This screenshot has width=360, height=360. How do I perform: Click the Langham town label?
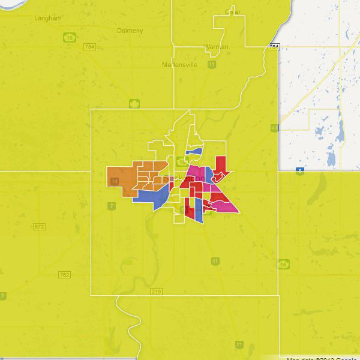pos(49,19)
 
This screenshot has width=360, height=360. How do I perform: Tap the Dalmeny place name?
pos(130,30)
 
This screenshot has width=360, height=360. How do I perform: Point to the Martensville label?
pos(179,64)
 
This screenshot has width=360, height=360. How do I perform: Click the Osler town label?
pos(233,11)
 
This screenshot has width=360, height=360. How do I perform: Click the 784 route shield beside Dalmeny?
pos(90,47)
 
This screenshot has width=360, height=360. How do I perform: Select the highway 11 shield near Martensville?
pos(212,64)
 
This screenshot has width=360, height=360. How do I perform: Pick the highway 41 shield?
pos(274,128)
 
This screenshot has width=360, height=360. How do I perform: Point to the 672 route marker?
pos(40,226)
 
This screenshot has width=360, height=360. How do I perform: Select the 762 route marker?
pos(64,274)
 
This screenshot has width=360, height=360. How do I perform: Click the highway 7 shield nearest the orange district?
pos(112,206)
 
